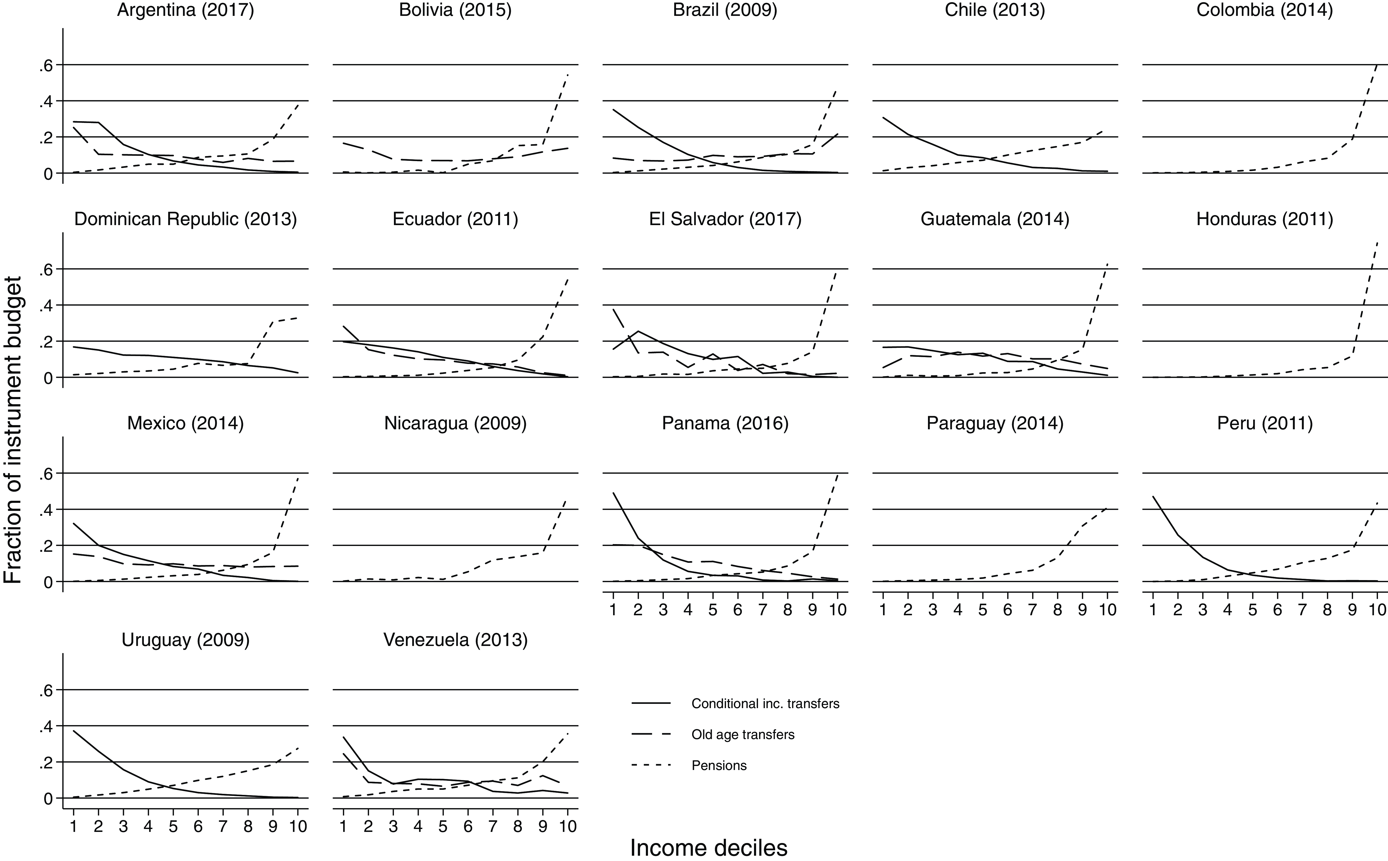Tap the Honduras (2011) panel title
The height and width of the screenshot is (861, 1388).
click(x=1265, y=219)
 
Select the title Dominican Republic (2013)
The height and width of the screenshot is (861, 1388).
click(x=186, y=219)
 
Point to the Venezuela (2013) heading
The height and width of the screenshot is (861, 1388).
click(x=455, y=640)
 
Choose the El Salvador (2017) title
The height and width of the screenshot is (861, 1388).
click(x=725, y=219)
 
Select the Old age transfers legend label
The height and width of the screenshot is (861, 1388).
click(x=743, y=735)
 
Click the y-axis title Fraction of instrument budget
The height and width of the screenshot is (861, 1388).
click(x=12, y=430)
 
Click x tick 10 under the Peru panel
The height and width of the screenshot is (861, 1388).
click(x=1377, y=609)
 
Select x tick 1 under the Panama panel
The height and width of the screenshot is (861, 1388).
click(x=613, y=609)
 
